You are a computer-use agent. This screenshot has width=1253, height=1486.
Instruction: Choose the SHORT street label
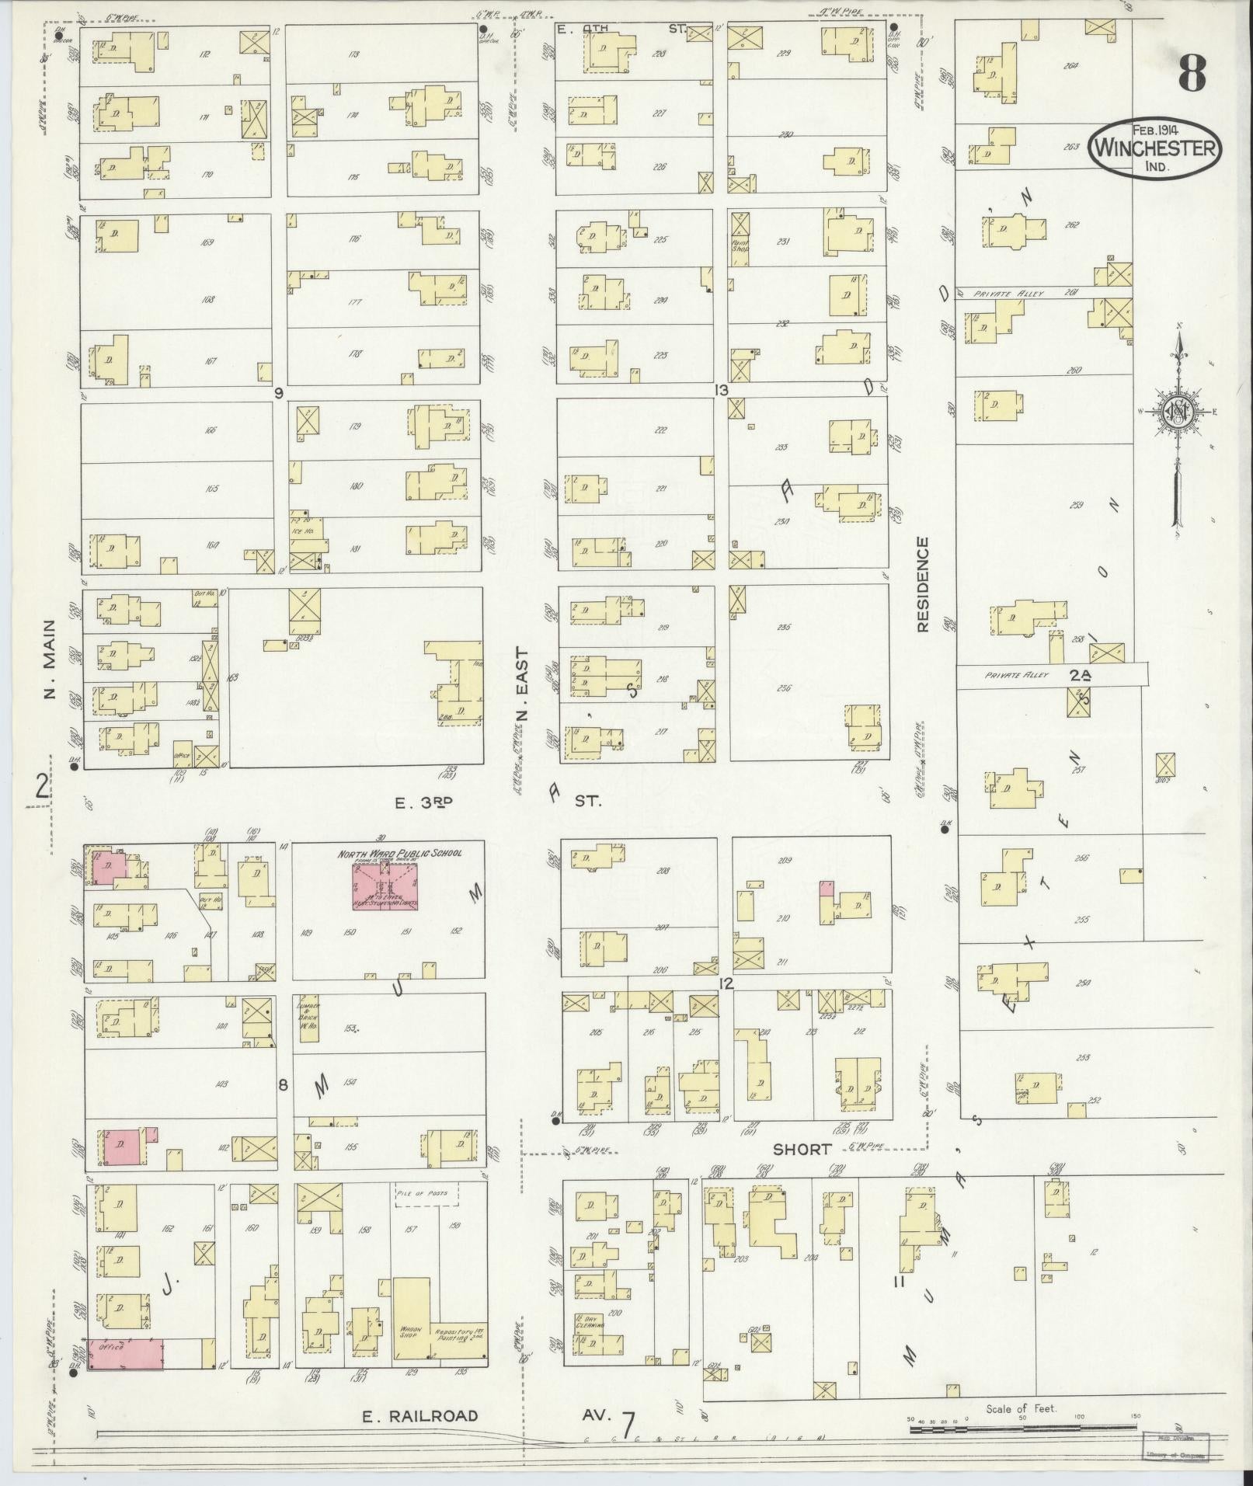(x=802, y=1149)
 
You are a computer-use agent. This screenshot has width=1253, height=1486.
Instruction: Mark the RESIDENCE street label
(x=922, y=583)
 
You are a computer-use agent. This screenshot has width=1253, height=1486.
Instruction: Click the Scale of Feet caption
(x=1021, y=1408)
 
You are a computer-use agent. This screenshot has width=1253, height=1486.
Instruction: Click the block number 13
(x=722, y=390)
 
